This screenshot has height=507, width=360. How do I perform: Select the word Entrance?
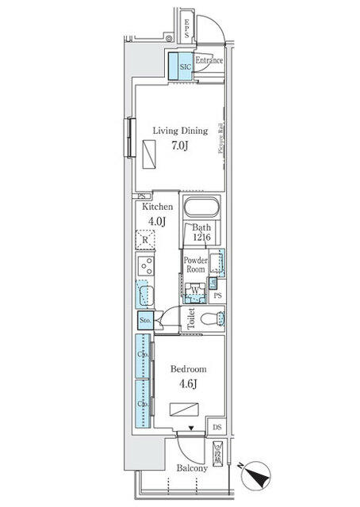click(x=209, y=61)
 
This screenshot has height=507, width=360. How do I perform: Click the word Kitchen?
click(x=157, y=206)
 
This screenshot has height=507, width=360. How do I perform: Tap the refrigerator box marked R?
click(x=145, y=238)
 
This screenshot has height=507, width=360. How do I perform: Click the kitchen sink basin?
click(x=144, y=295)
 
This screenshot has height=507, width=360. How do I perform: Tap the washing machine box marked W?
click(x=195, y=289)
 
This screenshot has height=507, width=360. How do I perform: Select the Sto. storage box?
click(x=145, y=320)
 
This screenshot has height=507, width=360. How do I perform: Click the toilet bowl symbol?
click(x=212, y=320)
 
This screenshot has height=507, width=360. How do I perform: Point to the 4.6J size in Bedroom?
click(x=188, y=385)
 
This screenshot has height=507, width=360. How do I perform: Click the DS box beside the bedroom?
click(x=217, y=428)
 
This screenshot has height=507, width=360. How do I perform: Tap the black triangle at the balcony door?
click(x=190, y=429)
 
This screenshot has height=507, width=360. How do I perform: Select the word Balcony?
click(x=191, y=468)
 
